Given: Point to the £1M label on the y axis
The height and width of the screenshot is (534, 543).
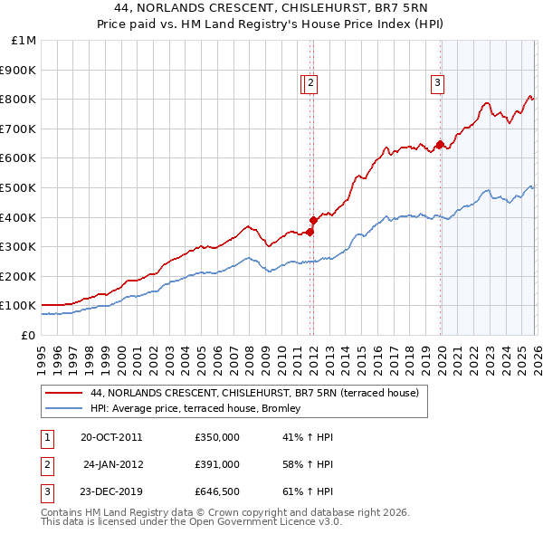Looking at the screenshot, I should (x=24, y=40).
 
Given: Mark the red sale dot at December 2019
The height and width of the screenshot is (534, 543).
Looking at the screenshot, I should (x=440, y=144).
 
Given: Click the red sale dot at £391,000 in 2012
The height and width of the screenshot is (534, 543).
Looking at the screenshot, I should (x=313, y=220).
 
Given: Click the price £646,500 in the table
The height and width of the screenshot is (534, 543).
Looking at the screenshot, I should (x=216, y=493).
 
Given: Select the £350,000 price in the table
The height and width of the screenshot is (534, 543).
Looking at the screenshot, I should (x=216, y=437).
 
